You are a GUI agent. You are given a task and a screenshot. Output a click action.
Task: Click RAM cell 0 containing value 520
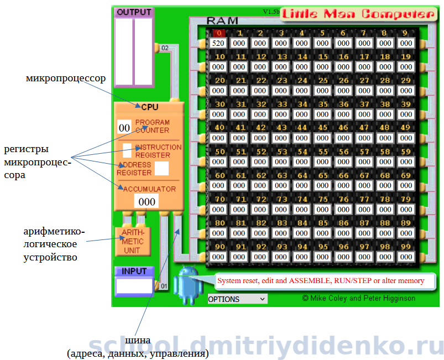pyautogui.click(x=218, y=43)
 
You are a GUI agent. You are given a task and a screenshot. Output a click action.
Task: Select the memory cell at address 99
pyautogui.click(x=406, y=257)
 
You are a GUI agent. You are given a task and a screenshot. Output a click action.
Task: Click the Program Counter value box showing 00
pyautogui.click(x=124, y=128)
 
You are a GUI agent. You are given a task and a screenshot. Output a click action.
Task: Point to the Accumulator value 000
pyautogui.click(x=147, y=201)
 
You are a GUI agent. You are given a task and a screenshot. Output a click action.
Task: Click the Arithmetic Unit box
pyautogui.click(x=132, y=242)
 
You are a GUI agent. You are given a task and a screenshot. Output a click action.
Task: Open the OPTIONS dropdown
pyautogui.click(x=237, y=299)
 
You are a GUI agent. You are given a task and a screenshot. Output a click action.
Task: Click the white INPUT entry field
pyautogui.click(x=134, y=286)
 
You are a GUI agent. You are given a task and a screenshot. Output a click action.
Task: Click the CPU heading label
pyautogui.click(x=149, y=107)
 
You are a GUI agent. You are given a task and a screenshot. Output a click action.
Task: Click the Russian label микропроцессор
pyautogui.click(x=65, y=78)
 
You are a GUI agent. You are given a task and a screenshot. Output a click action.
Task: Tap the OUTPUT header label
pyautogui.click(x=134, y=12)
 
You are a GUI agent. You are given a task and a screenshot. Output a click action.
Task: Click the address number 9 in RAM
pyautogui.click(x=406, y=33)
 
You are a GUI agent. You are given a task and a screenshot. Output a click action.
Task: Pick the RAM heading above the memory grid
pyautogui.click(x=222, y=21)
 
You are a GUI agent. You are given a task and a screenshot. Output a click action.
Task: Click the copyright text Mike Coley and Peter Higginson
pyautogui.click(x=359, y=298)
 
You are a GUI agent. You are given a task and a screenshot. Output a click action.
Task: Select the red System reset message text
pyautogui.click(x=321, y=281)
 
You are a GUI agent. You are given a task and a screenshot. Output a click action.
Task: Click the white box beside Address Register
pyautogui.click(x=161, y=169)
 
